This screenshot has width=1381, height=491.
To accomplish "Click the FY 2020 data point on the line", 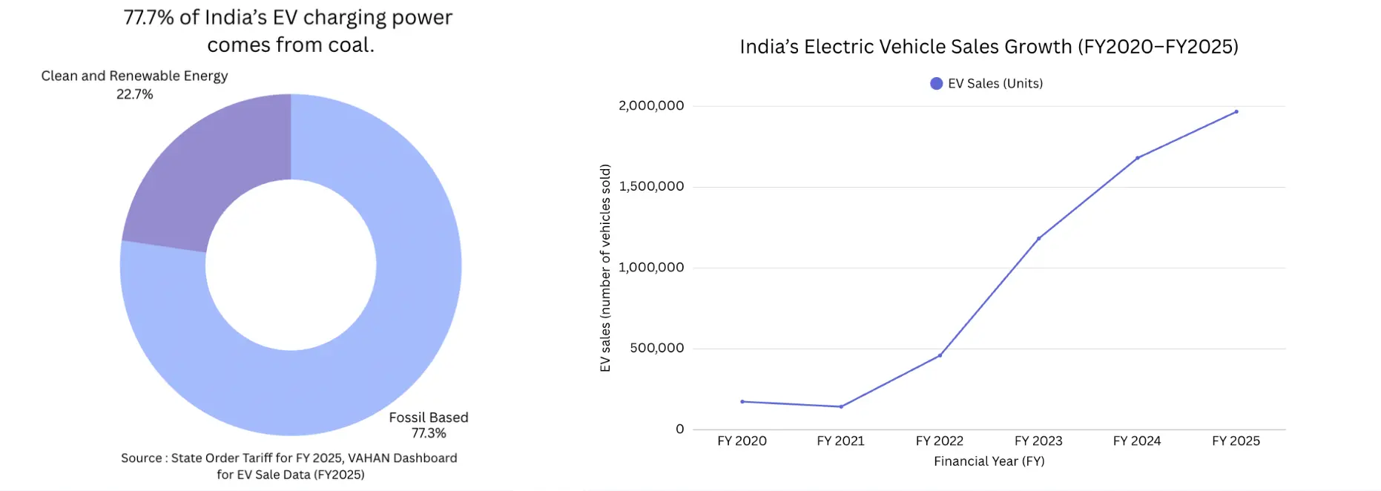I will coord(742,402).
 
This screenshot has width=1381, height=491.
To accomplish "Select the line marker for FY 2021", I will coord(841,406).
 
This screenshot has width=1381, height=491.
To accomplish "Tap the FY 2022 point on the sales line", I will coord(940,355).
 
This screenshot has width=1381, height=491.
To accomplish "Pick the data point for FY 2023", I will coord(1038,239).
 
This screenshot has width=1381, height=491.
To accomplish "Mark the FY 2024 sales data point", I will coord(1137,158).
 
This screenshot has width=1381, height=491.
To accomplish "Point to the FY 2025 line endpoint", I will coord(1236,112).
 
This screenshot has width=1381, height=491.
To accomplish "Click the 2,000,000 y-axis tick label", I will coord(651,106).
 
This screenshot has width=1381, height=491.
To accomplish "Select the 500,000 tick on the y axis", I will coord(657,348).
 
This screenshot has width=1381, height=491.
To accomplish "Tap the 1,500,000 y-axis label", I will coord(651,186).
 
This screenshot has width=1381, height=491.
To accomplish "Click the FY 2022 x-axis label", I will coord(940,441).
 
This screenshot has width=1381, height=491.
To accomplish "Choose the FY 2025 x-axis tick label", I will coord(1236,441).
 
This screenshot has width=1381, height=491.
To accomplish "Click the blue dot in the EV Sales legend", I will coord(937,84).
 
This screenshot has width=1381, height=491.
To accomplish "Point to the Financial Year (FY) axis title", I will coord(989,461).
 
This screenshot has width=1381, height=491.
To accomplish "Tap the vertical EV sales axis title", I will coord(605,268).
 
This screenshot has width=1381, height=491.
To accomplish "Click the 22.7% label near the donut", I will coord(134,94).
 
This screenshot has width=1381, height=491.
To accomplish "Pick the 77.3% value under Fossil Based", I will coord(429,433).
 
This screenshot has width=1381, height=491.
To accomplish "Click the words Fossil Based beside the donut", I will coord(429,418).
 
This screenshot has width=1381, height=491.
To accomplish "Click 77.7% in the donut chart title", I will coord(149,18).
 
